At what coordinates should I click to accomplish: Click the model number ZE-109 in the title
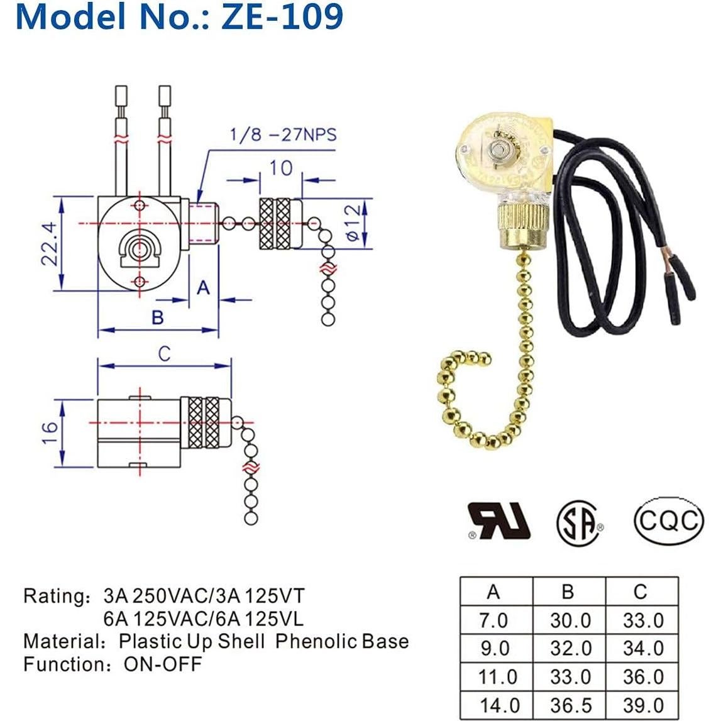point(282,17)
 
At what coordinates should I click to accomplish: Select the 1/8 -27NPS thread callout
point(282,135)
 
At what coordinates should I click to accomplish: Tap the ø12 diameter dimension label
point(354,223)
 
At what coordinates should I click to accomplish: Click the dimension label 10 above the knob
point(280,168)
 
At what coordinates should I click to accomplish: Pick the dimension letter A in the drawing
point(203,287)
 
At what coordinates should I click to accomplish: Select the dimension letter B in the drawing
point(158,317)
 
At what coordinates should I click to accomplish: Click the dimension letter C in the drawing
point(164,354)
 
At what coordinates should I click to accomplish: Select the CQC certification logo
point(667,521)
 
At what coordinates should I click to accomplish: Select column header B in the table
point(568,592)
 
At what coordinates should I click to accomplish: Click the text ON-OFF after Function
point(163,664)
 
